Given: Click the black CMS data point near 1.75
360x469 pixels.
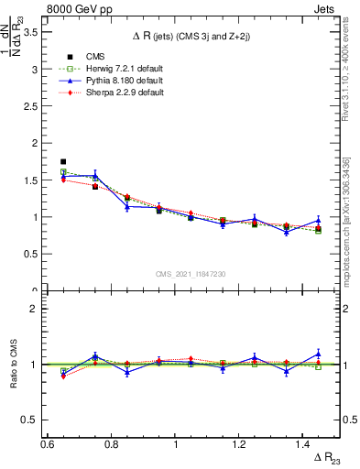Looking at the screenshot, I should [63, 161].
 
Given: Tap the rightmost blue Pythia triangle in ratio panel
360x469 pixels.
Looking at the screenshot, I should [318, 354].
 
